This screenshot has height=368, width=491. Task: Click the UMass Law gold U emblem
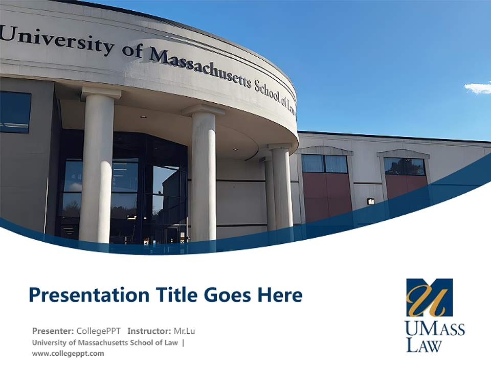click(x=429, y=297)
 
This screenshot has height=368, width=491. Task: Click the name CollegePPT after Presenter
click(x=98, y=331)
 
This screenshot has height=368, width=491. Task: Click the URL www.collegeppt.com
click(x=68, y=353)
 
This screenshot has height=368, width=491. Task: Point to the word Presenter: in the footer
click(x=53, y=331)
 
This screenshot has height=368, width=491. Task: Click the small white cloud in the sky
click(x=478, y=88)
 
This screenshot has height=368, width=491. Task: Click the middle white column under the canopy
click(x=204, y=174)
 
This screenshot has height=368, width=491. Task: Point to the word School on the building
click(x=266, y=90)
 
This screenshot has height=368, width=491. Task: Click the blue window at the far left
click(x=14, y=111)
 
